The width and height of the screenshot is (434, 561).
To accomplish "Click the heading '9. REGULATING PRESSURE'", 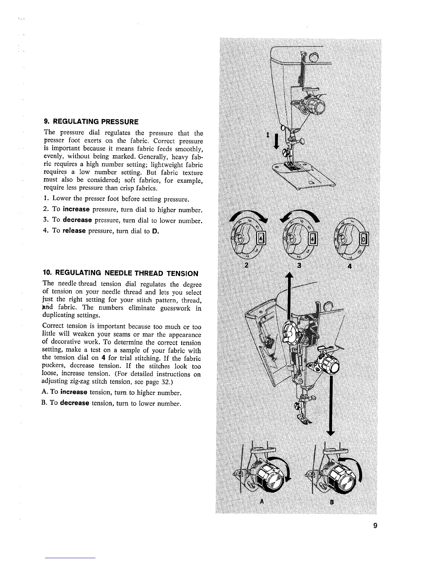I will click(x=91, y=122).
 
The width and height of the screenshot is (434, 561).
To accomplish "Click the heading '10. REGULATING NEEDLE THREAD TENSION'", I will click(x=120, y=273).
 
